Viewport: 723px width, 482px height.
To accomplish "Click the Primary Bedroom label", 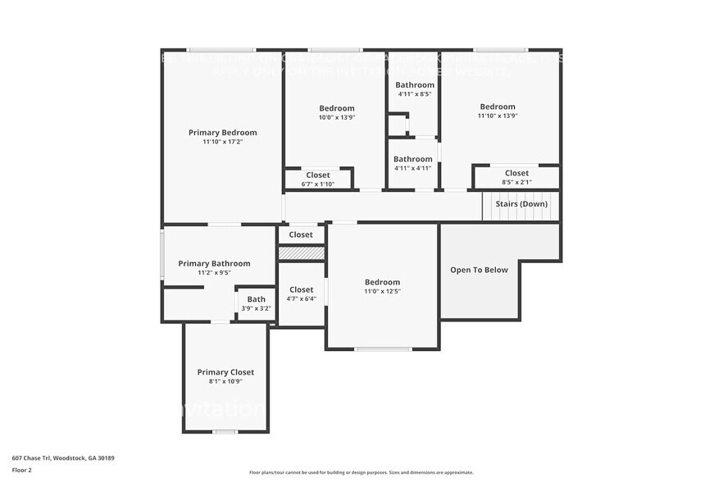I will click(222, 132).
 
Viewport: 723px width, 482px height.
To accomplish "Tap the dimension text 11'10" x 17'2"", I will click(222, 142).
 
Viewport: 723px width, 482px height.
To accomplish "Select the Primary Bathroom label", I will click(214, 263).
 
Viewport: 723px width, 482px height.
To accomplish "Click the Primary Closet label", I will click(225, 372).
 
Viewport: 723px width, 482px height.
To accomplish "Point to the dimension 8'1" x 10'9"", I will click(225, 381).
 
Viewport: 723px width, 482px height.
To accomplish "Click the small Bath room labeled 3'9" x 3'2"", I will click(257, 303).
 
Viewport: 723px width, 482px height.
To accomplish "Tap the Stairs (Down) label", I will click(521, 203).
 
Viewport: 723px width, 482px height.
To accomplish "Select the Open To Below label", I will click(479, 270).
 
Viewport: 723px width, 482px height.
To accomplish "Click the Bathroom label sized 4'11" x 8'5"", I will click(414, 84).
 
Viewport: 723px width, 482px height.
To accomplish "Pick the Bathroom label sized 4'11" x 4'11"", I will click(412, 159).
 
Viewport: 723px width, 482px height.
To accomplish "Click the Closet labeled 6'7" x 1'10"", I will click(318, 175).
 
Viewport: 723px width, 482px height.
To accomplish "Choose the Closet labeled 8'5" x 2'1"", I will click(516, 173).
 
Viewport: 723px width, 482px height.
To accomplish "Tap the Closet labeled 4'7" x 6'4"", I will click(301, 289).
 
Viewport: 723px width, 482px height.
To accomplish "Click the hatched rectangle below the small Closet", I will click(301, 253).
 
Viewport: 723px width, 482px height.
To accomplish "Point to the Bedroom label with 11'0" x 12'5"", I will click(382, 282).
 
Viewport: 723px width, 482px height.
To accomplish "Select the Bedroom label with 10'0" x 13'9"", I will click(336, 108).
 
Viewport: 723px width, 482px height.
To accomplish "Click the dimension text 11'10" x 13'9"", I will click(498, 116).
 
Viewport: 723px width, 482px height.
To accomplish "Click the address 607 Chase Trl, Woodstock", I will click(62, 457).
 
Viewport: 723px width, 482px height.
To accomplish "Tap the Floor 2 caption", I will click(21, 470).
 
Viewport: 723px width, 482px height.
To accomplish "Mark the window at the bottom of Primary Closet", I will click(225, 431).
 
